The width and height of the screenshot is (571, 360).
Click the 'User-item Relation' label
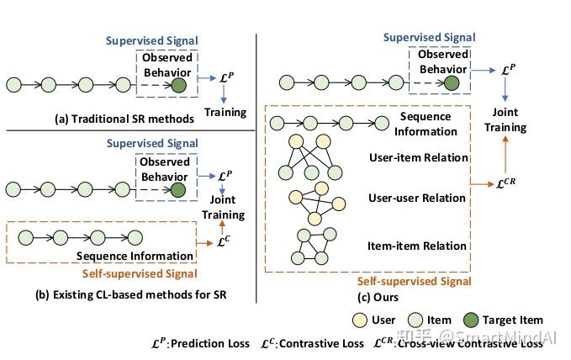coord(417,157)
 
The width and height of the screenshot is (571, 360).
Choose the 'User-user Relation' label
coord(417,199)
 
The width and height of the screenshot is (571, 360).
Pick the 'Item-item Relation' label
coord(418,246)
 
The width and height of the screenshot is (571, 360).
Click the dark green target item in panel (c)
coord(452,83)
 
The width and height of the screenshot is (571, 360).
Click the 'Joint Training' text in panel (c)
coord(505,120)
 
